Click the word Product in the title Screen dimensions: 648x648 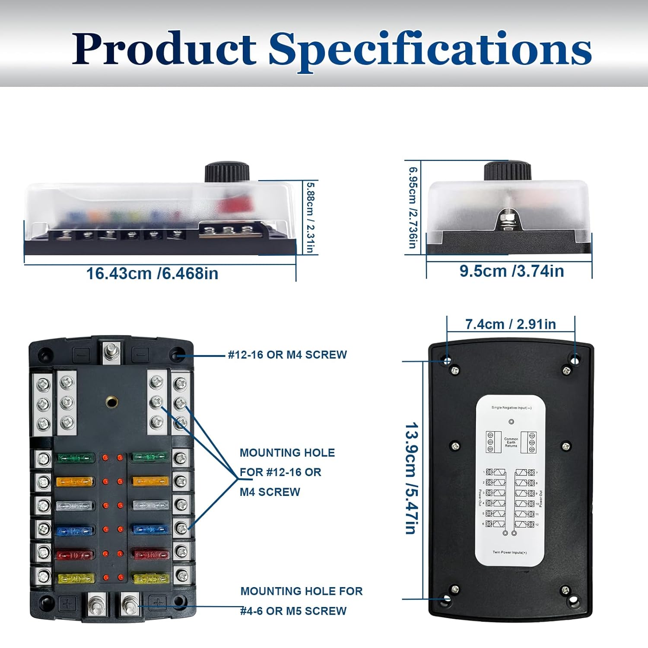[164, 48]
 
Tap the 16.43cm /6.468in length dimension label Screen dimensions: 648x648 [152, 273]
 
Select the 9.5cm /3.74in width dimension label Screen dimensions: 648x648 [511, 271]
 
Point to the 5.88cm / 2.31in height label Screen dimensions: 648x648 [310, 217]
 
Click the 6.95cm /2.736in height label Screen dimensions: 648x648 [413, 208]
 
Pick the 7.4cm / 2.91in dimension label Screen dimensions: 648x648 [511, 324]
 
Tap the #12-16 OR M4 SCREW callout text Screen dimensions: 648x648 [287, 355]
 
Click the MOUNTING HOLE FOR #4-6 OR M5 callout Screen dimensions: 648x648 [301, 600]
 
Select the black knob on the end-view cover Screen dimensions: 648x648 [507, 171]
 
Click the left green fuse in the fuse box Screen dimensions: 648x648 [76, 457]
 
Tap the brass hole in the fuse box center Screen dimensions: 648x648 [111, 402]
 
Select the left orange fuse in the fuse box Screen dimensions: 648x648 [75, 481]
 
